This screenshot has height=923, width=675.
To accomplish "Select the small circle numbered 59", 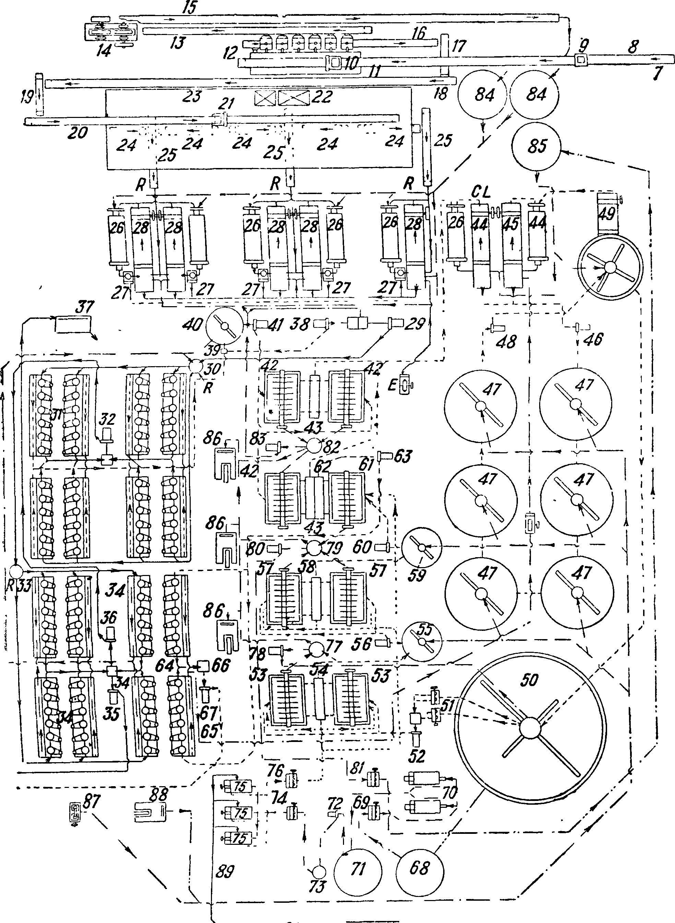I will coord(422,547).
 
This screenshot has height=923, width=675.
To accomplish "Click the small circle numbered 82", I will coord(314,445).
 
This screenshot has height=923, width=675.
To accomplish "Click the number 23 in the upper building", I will coord(192,96).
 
